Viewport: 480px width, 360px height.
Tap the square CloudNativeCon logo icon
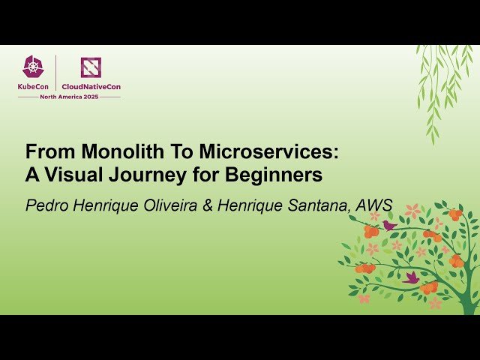pyautogui.click(x=91, y=67)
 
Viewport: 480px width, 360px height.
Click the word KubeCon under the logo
pyautogui.click(x=34, y=86)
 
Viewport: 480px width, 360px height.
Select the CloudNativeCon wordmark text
pyautogui.click(x=91, y=86)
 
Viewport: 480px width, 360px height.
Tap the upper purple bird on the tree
pyautogui.click(x=388, y=224)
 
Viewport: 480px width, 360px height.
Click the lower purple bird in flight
pyautogui.click(x=411, y=277)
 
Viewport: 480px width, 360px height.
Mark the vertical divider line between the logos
pyautogui.click(x=56, y=73)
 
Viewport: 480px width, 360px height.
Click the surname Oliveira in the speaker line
pyautogui.click(x=169, y=205)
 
